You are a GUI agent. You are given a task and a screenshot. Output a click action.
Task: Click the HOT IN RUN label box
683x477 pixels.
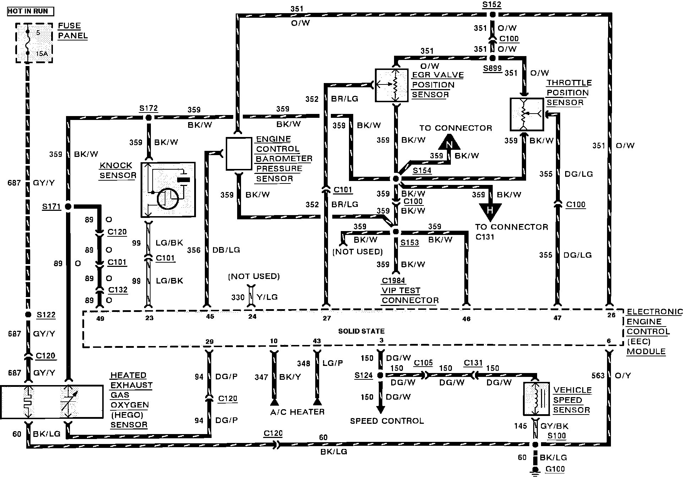31,11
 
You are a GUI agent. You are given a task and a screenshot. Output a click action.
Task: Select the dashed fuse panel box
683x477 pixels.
34,43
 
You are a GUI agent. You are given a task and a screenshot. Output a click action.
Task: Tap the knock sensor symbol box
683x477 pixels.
168,190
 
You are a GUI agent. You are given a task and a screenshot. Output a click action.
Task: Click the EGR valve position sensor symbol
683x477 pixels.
391,85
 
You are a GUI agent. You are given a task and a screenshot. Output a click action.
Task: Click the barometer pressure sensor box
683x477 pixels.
239,154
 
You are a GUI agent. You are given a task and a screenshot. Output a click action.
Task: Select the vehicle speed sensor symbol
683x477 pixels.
536,399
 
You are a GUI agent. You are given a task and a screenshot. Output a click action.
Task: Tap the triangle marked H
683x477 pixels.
490,210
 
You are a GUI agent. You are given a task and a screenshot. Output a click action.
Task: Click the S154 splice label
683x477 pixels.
422,170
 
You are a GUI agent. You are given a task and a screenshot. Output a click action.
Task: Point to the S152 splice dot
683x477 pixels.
492,15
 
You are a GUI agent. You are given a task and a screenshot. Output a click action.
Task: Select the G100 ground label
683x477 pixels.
555,469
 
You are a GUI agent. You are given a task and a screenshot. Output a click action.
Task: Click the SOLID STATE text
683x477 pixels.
361,331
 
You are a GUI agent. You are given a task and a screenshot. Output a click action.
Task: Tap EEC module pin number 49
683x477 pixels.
100,318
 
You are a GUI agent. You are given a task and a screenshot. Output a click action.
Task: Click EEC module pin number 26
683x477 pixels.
611,315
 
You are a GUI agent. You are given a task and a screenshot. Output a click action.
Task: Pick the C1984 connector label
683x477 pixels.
393,280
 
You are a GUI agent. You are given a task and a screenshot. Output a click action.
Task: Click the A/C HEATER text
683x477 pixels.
297,412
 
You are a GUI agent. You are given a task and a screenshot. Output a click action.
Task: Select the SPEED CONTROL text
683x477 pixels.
387,421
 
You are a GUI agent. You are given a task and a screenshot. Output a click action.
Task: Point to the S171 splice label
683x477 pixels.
51,207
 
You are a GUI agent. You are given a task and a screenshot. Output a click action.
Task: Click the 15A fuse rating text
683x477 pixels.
42,54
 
